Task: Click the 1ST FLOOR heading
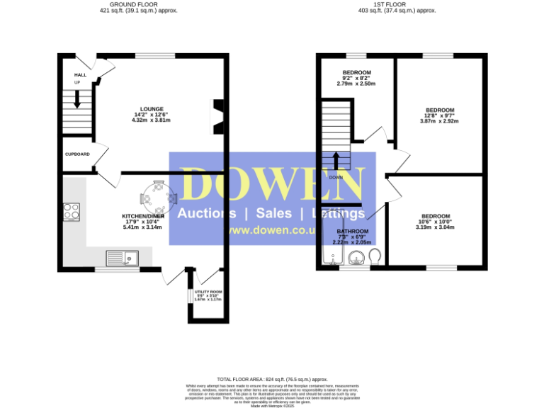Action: point(397,4)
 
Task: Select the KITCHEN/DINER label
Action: point(143,215)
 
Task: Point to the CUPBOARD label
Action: point(76,154)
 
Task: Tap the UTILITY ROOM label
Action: point(208,292)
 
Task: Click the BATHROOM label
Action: point(352,232)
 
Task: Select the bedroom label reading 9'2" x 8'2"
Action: point(357,73)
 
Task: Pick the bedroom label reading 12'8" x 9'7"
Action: point(439,110)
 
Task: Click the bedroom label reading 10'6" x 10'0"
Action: point(435,216)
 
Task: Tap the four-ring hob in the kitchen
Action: point(72,211)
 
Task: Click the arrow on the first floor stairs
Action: point(336,160)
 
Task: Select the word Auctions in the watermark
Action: point(207,213)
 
